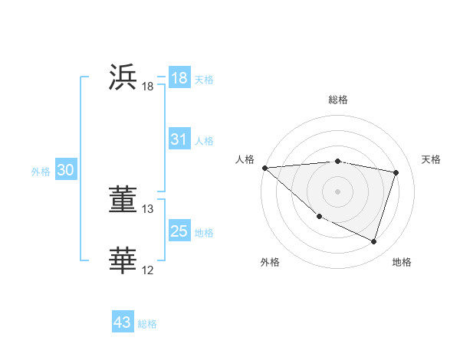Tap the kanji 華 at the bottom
point(123,260)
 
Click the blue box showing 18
point(179,78)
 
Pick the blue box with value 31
point(179,139)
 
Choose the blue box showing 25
point(179,231)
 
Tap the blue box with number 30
point(65,171)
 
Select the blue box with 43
point(123,322)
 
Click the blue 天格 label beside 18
point(204,80)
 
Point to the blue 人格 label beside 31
point(204,141)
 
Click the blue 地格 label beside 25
point(204,233)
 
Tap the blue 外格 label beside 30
point(41,172)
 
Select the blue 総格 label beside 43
point(147,324)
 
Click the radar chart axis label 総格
point(337,100)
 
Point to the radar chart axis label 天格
point(432,159)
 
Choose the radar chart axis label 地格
point(402,263)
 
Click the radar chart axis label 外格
point(270,263)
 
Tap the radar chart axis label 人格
point(245,159)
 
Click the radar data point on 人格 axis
point(264,168)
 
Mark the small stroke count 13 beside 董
point(148,208)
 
